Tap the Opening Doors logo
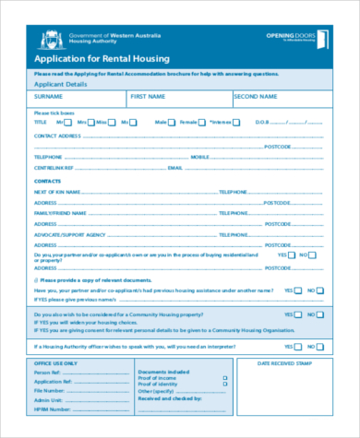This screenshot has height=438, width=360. pos(294,37)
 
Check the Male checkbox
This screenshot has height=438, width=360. pos(174,122)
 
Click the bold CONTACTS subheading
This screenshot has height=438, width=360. pos(48,181)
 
